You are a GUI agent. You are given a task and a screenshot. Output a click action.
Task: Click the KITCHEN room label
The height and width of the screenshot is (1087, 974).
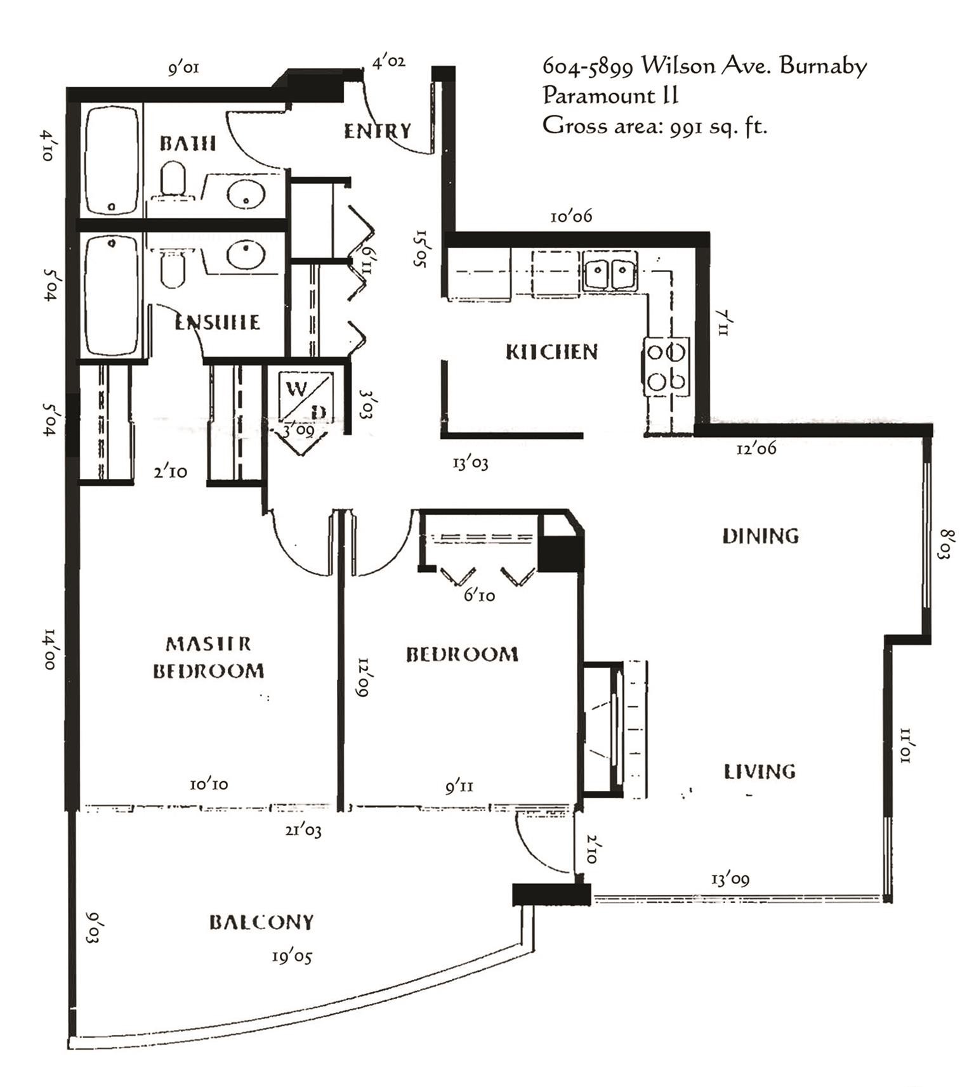click(x=551, y=351)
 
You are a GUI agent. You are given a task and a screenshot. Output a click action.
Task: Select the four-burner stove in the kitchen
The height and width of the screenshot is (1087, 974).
click(x=666, y=367)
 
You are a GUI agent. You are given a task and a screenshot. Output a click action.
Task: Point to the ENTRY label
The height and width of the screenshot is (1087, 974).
click(x=378, y=131)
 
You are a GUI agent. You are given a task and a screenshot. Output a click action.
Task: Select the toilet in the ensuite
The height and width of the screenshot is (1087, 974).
click(x=172, y=269)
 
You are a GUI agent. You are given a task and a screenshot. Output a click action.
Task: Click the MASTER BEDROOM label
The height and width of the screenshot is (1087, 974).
click(x=208, y=658)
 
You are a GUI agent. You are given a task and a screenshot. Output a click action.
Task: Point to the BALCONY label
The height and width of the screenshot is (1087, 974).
click(x=261, y=921)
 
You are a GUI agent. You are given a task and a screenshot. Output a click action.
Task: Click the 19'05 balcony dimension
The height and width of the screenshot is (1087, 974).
click(x=292, y=956)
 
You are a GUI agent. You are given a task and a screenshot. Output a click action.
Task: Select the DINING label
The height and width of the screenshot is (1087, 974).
click(x=760, y=536)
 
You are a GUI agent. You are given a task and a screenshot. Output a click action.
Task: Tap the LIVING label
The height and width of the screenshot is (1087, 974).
click(x=760, y=771)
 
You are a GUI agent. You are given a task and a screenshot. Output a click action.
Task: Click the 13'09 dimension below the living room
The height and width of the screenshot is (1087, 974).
click(x=730, y=880)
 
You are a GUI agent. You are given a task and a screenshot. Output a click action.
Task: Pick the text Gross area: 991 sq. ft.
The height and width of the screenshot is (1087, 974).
click(x=654, y=126)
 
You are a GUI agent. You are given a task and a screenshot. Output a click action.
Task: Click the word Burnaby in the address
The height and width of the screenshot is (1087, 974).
click(x=823, y=66)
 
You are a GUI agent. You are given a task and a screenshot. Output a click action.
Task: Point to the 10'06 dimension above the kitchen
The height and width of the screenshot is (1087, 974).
click(x=570, y=216)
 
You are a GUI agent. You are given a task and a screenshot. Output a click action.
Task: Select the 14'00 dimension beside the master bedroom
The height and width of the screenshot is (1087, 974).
click(x=51, y=649)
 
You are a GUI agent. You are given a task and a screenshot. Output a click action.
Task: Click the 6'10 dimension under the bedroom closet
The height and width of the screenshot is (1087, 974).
click(x=479, y=595)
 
